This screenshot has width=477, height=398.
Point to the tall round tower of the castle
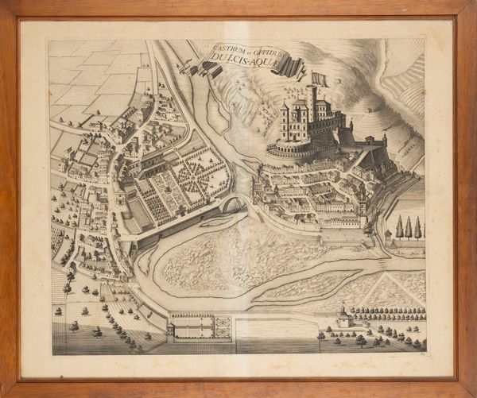[311, 104]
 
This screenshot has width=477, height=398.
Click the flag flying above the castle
[319, 79]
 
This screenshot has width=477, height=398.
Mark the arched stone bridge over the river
[233, 204]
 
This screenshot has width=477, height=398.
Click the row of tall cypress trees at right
[409, 228]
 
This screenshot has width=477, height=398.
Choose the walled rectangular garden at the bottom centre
[200, 326]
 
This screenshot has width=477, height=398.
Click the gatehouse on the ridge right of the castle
[369, 143]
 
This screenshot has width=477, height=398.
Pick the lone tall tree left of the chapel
[321, 338]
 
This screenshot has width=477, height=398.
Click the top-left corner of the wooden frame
[6, 6]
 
